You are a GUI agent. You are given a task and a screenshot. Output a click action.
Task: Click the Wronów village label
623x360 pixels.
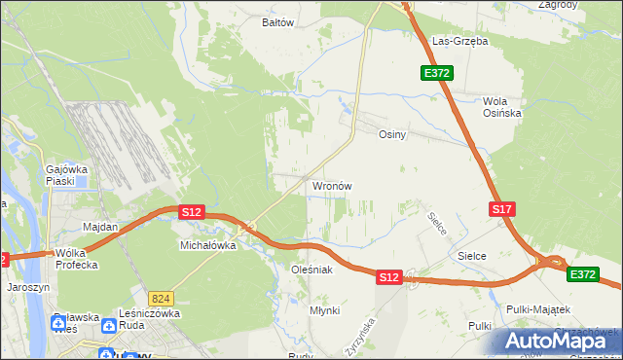pos(331,185)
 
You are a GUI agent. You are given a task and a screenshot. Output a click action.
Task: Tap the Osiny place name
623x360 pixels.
pos(391,135)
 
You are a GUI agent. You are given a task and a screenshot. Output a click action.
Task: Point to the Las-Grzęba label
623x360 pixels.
pos(459,42)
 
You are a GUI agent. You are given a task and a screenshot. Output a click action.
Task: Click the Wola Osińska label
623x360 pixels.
pos(502,107)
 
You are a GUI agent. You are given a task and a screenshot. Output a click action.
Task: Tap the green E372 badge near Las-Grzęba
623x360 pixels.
pos(437,73)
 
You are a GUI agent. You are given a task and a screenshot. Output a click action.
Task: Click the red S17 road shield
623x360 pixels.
pos(501,209)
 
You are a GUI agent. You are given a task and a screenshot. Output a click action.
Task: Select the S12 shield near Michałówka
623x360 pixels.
pos(190,211)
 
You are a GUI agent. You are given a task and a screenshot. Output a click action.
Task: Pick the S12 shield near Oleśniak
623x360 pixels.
pos(388,277)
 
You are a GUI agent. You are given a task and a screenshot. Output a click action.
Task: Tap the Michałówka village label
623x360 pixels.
pos(208,246)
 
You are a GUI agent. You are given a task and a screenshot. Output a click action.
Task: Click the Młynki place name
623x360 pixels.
pos(324,309)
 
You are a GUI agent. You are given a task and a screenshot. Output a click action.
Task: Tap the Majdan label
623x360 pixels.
pos(100,227)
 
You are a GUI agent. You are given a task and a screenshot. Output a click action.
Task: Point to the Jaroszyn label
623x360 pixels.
pos(26,288)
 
